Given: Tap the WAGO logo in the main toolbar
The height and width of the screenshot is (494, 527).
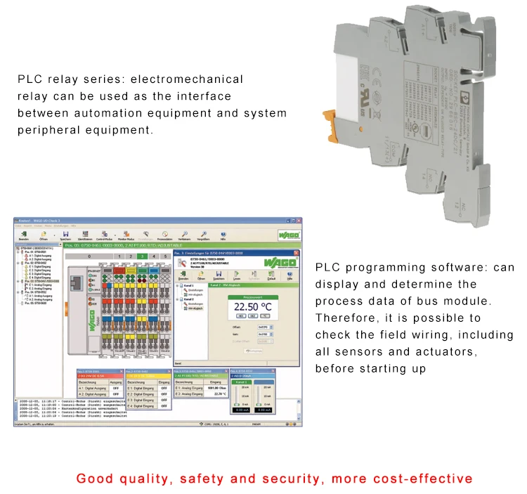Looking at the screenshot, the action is [289, 236].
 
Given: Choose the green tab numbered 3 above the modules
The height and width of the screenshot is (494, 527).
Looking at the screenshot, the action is [144, 256].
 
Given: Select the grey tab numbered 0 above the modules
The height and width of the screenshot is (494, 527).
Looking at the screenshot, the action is [89, 256].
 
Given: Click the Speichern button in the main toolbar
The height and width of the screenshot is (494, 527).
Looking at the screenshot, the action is [65, 236].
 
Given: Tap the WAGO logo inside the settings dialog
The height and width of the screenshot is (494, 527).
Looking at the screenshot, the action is [282, 263].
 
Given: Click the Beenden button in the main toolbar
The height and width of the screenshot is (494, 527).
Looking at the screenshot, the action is [24, 236].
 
